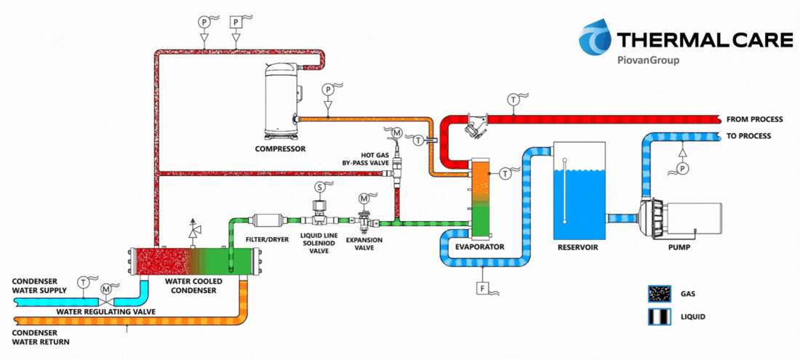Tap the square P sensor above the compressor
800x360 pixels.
(x=236, y=22)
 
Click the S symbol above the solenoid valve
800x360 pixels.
(x=320, y=187)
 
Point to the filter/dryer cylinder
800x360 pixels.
(x=268, y=220)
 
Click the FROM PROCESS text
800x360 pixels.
(x=754, y=119)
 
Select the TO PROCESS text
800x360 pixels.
(x=748, y=136)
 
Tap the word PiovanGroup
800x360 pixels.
(x=648, y=60)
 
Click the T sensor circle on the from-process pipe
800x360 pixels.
(x=513, y=100)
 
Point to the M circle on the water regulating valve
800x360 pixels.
(x=105, y=289)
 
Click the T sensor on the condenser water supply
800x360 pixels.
(x=83, y=281)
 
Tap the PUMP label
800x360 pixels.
(x=679, y=248)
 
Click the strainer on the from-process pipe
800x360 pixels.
(x=476, y=126)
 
